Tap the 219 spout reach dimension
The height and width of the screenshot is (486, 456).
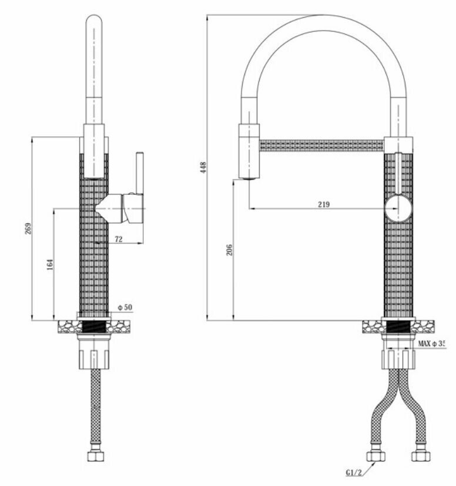pos(323,204)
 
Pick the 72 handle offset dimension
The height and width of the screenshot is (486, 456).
pos(118,239)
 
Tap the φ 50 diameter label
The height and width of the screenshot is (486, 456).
pos(125,308)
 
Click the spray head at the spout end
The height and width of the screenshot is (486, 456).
pos(248,151)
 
